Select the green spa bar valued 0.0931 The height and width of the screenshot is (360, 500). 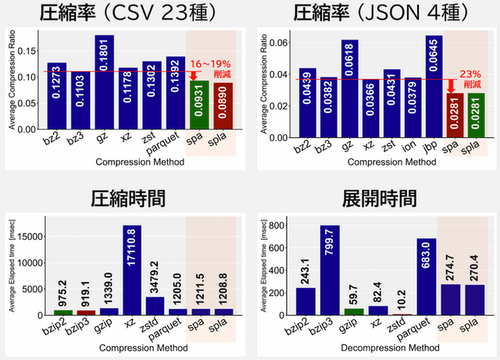pos(198,105)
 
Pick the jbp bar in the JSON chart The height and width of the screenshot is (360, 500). pos(434,86)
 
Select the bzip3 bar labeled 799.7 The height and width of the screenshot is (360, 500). pos(330,269)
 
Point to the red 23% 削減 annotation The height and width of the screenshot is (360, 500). pos(471,78)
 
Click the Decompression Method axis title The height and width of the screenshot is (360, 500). pos(377,348)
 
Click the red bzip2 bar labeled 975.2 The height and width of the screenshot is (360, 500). pos(63,312)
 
